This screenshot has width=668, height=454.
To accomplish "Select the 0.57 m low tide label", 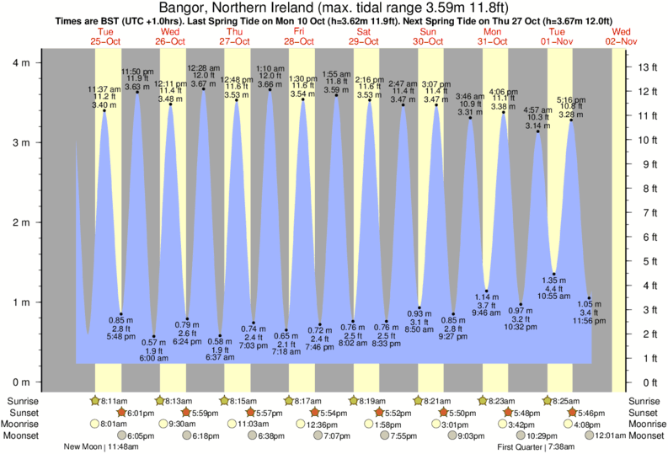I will tap(153, 343).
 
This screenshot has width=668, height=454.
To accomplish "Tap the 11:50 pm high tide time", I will tap(136, 72).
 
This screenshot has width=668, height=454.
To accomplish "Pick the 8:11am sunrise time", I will tap(114, 401).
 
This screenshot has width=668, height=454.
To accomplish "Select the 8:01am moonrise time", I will tap(113, 425).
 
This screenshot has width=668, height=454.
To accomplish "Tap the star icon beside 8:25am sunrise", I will tap(548, 401).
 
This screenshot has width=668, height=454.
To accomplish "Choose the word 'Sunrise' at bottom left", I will tap(22, 401).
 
